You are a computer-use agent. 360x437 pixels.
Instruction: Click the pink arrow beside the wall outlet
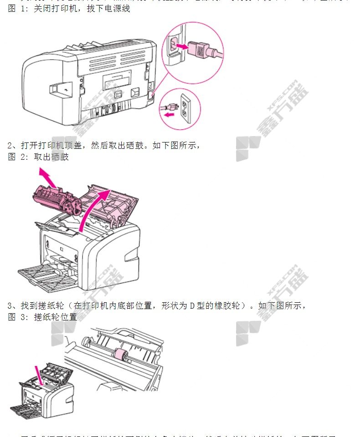pyautogui.click(x=168, y=115)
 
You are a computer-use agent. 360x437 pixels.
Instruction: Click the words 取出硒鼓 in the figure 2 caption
pyautogui.click(x=51, y=157)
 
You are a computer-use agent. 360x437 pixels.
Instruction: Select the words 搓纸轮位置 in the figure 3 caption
pyautogui.click(x=55, y=317)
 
